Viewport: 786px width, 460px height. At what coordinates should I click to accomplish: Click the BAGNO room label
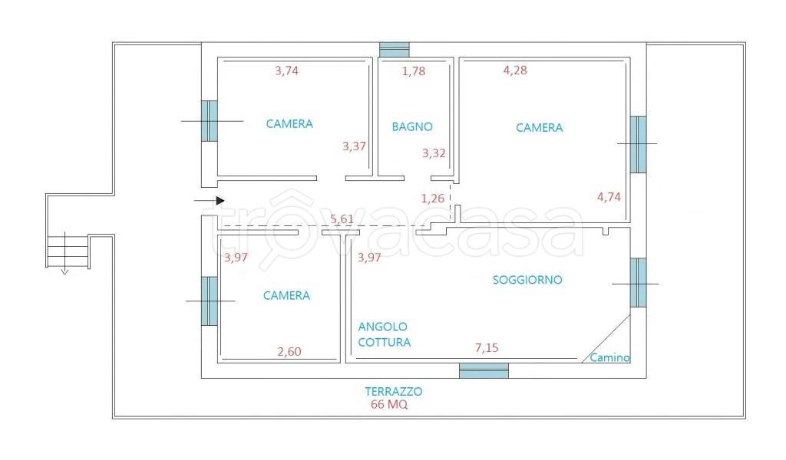point(412,127)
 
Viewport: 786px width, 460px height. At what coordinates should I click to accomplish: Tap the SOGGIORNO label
point(527,280)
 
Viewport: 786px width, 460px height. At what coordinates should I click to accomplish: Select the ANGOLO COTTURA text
point(385,334)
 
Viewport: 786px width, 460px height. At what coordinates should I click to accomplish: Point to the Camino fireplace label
point(609,357)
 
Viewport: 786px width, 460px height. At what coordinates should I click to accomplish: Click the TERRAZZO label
point(394,392)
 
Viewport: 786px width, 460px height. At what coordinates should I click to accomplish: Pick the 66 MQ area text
point(389,405)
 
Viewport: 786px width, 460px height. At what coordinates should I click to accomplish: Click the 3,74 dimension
point(287,71)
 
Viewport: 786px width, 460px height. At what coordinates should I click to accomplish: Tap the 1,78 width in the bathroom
point(414,71)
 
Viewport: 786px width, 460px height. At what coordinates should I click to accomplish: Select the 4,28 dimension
point(515,70)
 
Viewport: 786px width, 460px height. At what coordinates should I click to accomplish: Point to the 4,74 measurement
point(609,197)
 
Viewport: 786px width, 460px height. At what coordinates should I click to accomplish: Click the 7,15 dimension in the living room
point(487,348)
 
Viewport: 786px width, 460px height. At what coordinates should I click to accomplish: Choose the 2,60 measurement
point(289,352)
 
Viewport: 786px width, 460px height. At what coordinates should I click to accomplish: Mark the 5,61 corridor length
point(342,219)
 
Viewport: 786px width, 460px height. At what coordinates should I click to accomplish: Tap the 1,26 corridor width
point(433,199)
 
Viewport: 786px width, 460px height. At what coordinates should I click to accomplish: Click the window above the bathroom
point(395,50)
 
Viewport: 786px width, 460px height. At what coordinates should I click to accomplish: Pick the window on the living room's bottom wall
point(484,370)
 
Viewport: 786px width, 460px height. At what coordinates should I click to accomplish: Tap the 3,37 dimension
point(354,146)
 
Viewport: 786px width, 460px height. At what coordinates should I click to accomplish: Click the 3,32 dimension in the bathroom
point(434,153)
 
